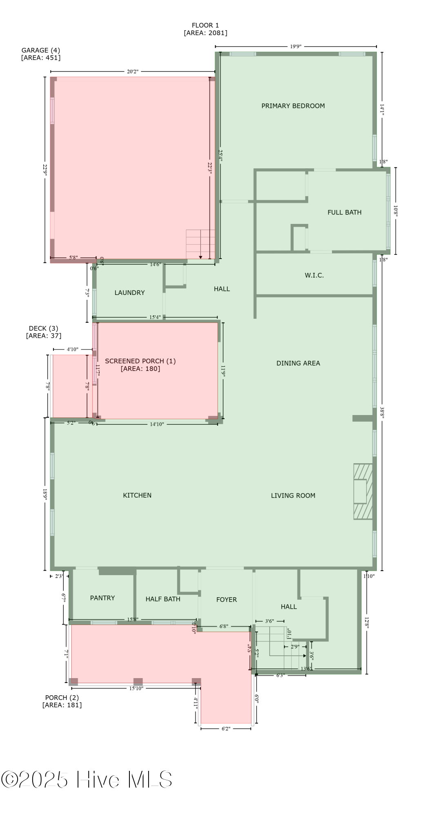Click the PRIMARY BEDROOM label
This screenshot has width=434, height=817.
click(x=293, y=106)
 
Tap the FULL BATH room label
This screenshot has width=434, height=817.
click(x=344, y=212)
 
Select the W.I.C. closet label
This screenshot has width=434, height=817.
click(x=314, y=275)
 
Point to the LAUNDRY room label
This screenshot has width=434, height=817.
click(x=129, y=292)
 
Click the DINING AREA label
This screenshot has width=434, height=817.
click(x=298, y=363)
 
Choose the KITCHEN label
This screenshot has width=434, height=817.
click(x=137, y=495)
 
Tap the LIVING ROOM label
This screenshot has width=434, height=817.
click(x=293, y=496)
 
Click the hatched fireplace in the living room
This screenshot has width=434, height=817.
click(x=363, y=491)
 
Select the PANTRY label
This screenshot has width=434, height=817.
click(x=102, y=598)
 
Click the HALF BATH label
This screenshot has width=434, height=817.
click(x=162, y=599)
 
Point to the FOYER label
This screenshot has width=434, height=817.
click(x=226, y=599)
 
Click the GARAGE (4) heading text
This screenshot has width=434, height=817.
click(x=40, y=50)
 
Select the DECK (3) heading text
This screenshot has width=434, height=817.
click(x=43, y=328)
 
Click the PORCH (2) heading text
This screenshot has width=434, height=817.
click(x=62, y=698)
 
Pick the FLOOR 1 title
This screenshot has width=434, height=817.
click(x=205, y=25)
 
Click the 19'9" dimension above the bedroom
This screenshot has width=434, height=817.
click(x=296, y=47)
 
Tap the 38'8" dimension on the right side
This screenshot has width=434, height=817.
click(x=382, y=413)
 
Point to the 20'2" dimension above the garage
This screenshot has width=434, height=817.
click(x=132, y=71)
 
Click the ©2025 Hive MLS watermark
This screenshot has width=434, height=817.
click(x=87, y=780)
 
